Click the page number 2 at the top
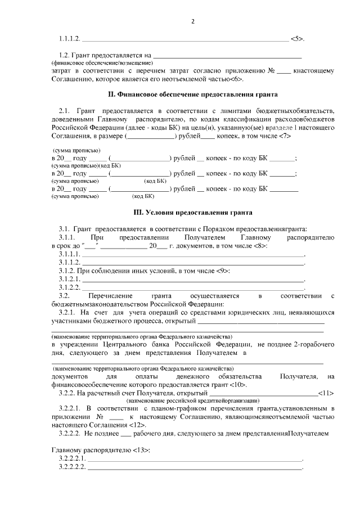coord(193,21)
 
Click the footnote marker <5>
coord(298,39)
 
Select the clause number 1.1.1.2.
coord(70,39)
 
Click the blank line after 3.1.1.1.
coord(193,256)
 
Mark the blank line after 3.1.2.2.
coord(193,289)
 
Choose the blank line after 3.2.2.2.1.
coord(195,460)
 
